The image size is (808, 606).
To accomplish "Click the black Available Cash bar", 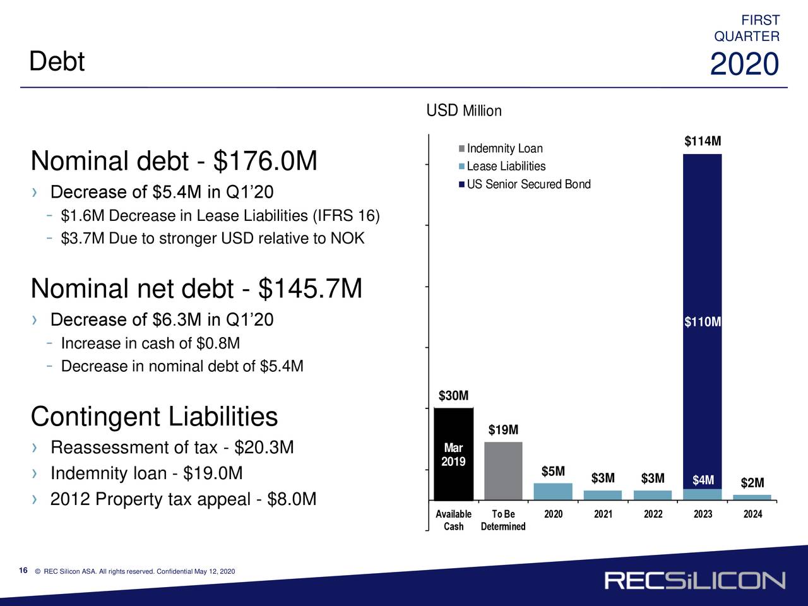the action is pyautogui.click(x=453, y=454).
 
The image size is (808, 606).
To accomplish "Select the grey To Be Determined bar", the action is pyautogui.click(x=503, y=471).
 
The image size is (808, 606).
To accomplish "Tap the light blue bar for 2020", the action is pyautogui.click(x=553, y=492).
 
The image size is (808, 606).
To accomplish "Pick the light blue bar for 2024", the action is pyautogui.click(x=752, y=497).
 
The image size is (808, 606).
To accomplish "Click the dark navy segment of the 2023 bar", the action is pyautogui.click(x=703, y=321).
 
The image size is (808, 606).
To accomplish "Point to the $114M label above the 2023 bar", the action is pyautogui.click(x=703, y=141).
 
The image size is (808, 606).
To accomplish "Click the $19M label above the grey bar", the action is pyautogui.click(x=503, y=429).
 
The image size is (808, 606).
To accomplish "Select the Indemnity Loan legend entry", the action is pyautogui.click(x=501, y=148).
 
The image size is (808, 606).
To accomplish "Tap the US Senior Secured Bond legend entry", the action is pyautogui.click(x=525, y=184).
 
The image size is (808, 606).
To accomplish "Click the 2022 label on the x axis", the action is pyautogui.click(x=653, y=514).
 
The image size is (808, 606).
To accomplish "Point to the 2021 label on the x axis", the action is pyautogui.click(x=603, y=514).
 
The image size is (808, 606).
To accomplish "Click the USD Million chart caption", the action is pyautogui.click(x=464, y=110).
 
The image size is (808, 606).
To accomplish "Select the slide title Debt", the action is pyautogui.click(x=57, y=61).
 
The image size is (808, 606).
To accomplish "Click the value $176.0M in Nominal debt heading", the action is pyautogui.click(x=265, y=160).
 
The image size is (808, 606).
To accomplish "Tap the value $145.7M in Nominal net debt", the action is pyautogui.click(x=310, y=288).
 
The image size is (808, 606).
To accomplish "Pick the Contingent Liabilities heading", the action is pyautogui.click(x=154, y=417).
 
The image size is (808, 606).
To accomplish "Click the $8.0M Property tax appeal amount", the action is pyautogui.click(x=292, y=499).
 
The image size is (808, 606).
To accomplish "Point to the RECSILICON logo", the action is pyautogui.click(x=695, y=581).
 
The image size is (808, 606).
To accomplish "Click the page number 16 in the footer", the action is pyautogui.click(x=23, y=570).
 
